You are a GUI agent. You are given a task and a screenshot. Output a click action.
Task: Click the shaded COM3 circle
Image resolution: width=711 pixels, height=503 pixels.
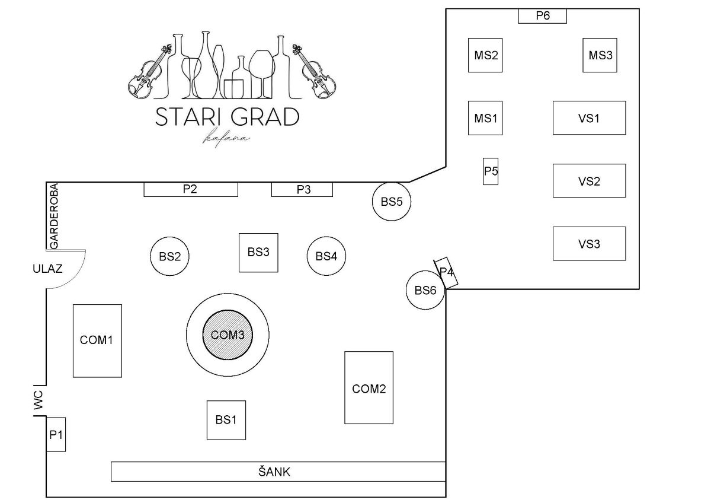[x=228, y=335]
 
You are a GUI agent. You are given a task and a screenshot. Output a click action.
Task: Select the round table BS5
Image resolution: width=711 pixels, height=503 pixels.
[x=392, y=201]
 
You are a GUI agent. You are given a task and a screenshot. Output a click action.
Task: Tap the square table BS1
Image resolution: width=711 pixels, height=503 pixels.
[x=226, y=420]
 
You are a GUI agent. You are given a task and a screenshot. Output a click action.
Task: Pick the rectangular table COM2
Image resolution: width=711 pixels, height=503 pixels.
[x=369, y=388]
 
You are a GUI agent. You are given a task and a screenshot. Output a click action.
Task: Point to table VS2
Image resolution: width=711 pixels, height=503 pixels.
[x=590, y=181]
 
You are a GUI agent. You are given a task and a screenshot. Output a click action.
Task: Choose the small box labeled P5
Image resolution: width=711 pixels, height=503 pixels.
[x=491, y=171]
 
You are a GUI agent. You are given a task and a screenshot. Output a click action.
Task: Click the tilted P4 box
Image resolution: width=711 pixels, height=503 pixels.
[x=446, y=273]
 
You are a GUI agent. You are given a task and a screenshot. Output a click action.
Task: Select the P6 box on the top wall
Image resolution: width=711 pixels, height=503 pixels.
[x=543, y=16]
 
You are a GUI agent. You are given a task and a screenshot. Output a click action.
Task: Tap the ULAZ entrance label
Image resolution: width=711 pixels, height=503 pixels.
[x=47, y=269]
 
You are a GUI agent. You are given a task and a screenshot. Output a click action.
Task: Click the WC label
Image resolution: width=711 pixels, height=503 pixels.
[x=38, y=400]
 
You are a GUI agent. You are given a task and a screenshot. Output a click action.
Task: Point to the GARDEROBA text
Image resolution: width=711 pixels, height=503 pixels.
[x=55, y=216]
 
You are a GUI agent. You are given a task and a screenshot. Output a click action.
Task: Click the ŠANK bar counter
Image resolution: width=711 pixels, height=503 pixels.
[x=278, y=472]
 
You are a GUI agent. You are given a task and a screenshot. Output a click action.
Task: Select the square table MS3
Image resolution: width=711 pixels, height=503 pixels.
[x=600, y=55]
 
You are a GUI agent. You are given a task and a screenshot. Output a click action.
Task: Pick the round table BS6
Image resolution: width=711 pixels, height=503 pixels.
[x=425, y=290]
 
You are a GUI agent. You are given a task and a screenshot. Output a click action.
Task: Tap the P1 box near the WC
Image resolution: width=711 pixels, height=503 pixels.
[x=56, y=434]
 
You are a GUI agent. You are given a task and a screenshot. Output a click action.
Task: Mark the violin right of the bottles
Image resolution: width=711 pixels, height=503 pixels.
[x=313, y=72]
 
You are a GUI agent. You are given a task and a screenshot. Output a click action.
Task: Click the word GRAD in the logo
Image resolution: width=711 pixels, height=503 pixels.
[x=265, y=117]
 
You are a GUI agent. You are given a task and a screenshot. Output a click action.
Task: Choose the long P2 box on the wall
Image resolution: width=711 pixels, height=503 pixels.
[x=191, y=189]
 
